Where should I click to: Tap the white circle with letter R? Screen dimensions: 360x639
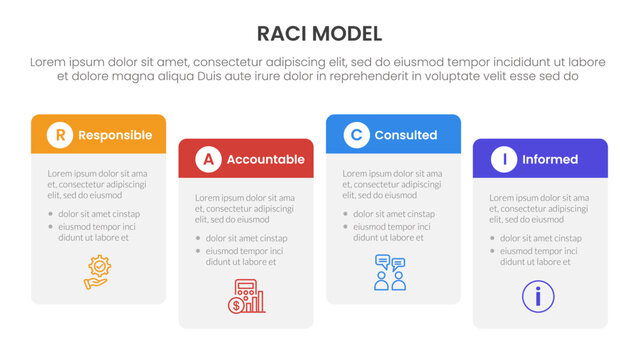coord(61,134)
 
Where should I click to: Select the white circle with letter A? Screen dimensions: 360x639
coord(208,159)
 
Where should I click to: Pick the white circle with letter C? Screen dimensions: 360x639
coord(356,134)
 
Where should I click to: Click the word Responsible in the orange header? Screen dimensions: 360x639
coord(115,135)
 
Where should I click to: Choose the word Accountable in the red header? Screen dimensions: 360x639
coord(265,160)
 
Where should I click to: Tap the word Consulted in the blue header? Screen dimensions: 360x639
coord(405,135)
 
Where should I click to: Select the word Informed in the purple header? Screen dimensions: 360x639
coord(549,160)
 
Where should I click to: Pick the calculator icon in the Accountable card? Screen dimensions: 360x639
coord(245,297)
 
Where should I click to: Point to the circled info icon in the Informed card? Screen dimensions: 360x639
coord(538,296)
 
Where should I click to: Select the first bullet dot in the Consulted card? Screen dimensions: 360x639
coord(345,214)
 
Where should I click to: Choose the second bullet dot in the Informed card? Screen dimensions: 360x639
coord(492,251)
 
